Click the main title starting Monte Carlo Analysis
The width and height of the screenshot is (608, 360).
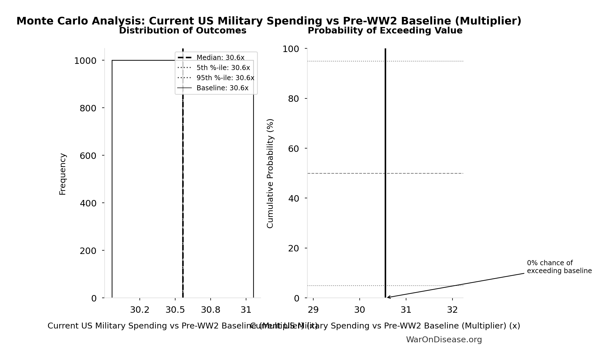click(x=269, y=21)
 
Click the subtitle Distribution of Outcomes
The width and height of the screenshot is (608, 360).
click(x=183, y=31)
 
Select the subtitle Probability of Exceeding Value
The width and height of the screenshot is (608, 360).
click(x=385, y=31)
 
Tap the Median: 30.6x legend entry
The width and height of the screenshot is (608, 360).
click(x=220, y=58)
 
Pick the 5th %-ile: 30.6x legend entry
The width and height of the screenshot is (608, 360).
click(x=223, y=68)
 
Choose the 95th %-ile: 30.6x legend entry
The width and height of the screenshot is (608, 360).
click(x=225, y=78)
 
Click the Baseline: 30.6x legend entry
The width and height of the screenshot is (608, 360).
click(x=222, y=88)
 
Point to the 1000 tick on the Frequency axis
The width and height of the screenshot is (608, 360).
click(x=85, y=61)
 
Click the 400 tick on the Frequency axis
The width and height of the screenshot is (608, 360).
click(x=88, y=203)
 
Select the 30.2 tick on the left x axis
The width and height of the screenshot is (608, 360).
click(x=140, y=310)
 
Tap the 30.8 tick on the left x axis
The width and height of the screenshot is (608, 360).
click(x=211, y=310)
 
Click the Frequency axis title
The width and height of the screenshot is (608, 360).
click(x=62, y=174)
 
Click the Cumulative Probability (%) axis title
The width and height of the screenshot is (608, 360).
click(x=270, y=173)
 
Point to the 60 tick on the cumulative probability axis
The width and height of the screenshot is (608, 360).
click(x=294, y=149)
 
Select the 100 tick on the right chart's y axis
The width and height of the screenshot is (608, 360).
click(x=291, y=49)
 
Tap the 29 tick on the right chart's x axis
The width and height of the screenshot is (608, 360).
click(x=313, y=310)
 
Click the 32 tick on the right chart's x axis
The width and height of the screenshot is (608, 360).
click(x=452, y=310)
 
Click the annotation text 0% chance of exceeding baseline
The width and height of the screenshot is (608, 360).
click(x=559, y=267)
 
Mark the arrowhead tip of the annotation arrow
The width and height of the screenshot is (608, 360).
click(x=387, y=297)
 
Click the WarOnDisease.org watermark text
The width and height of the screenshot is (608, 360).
click(x=444, y=339)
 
